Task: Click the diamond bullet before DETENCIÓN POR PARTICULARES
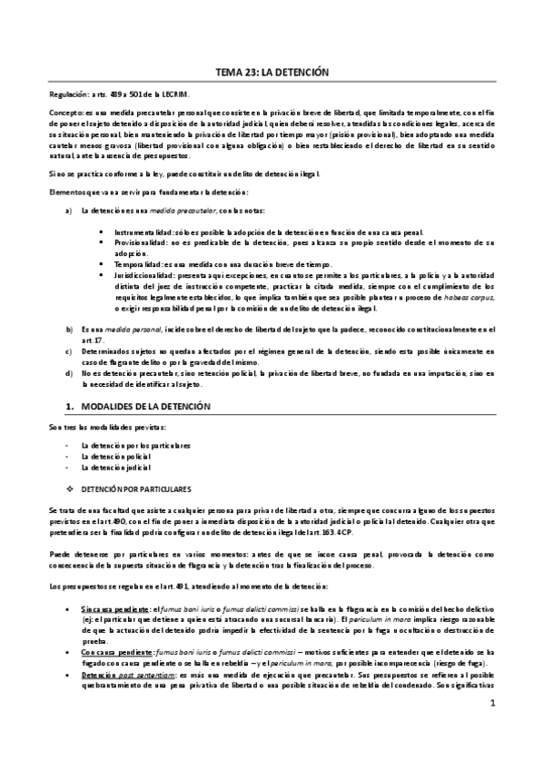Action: [70, 488]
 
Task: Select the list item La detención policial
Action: [115, 458]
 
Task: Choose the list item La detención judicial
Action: [115, 469]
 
